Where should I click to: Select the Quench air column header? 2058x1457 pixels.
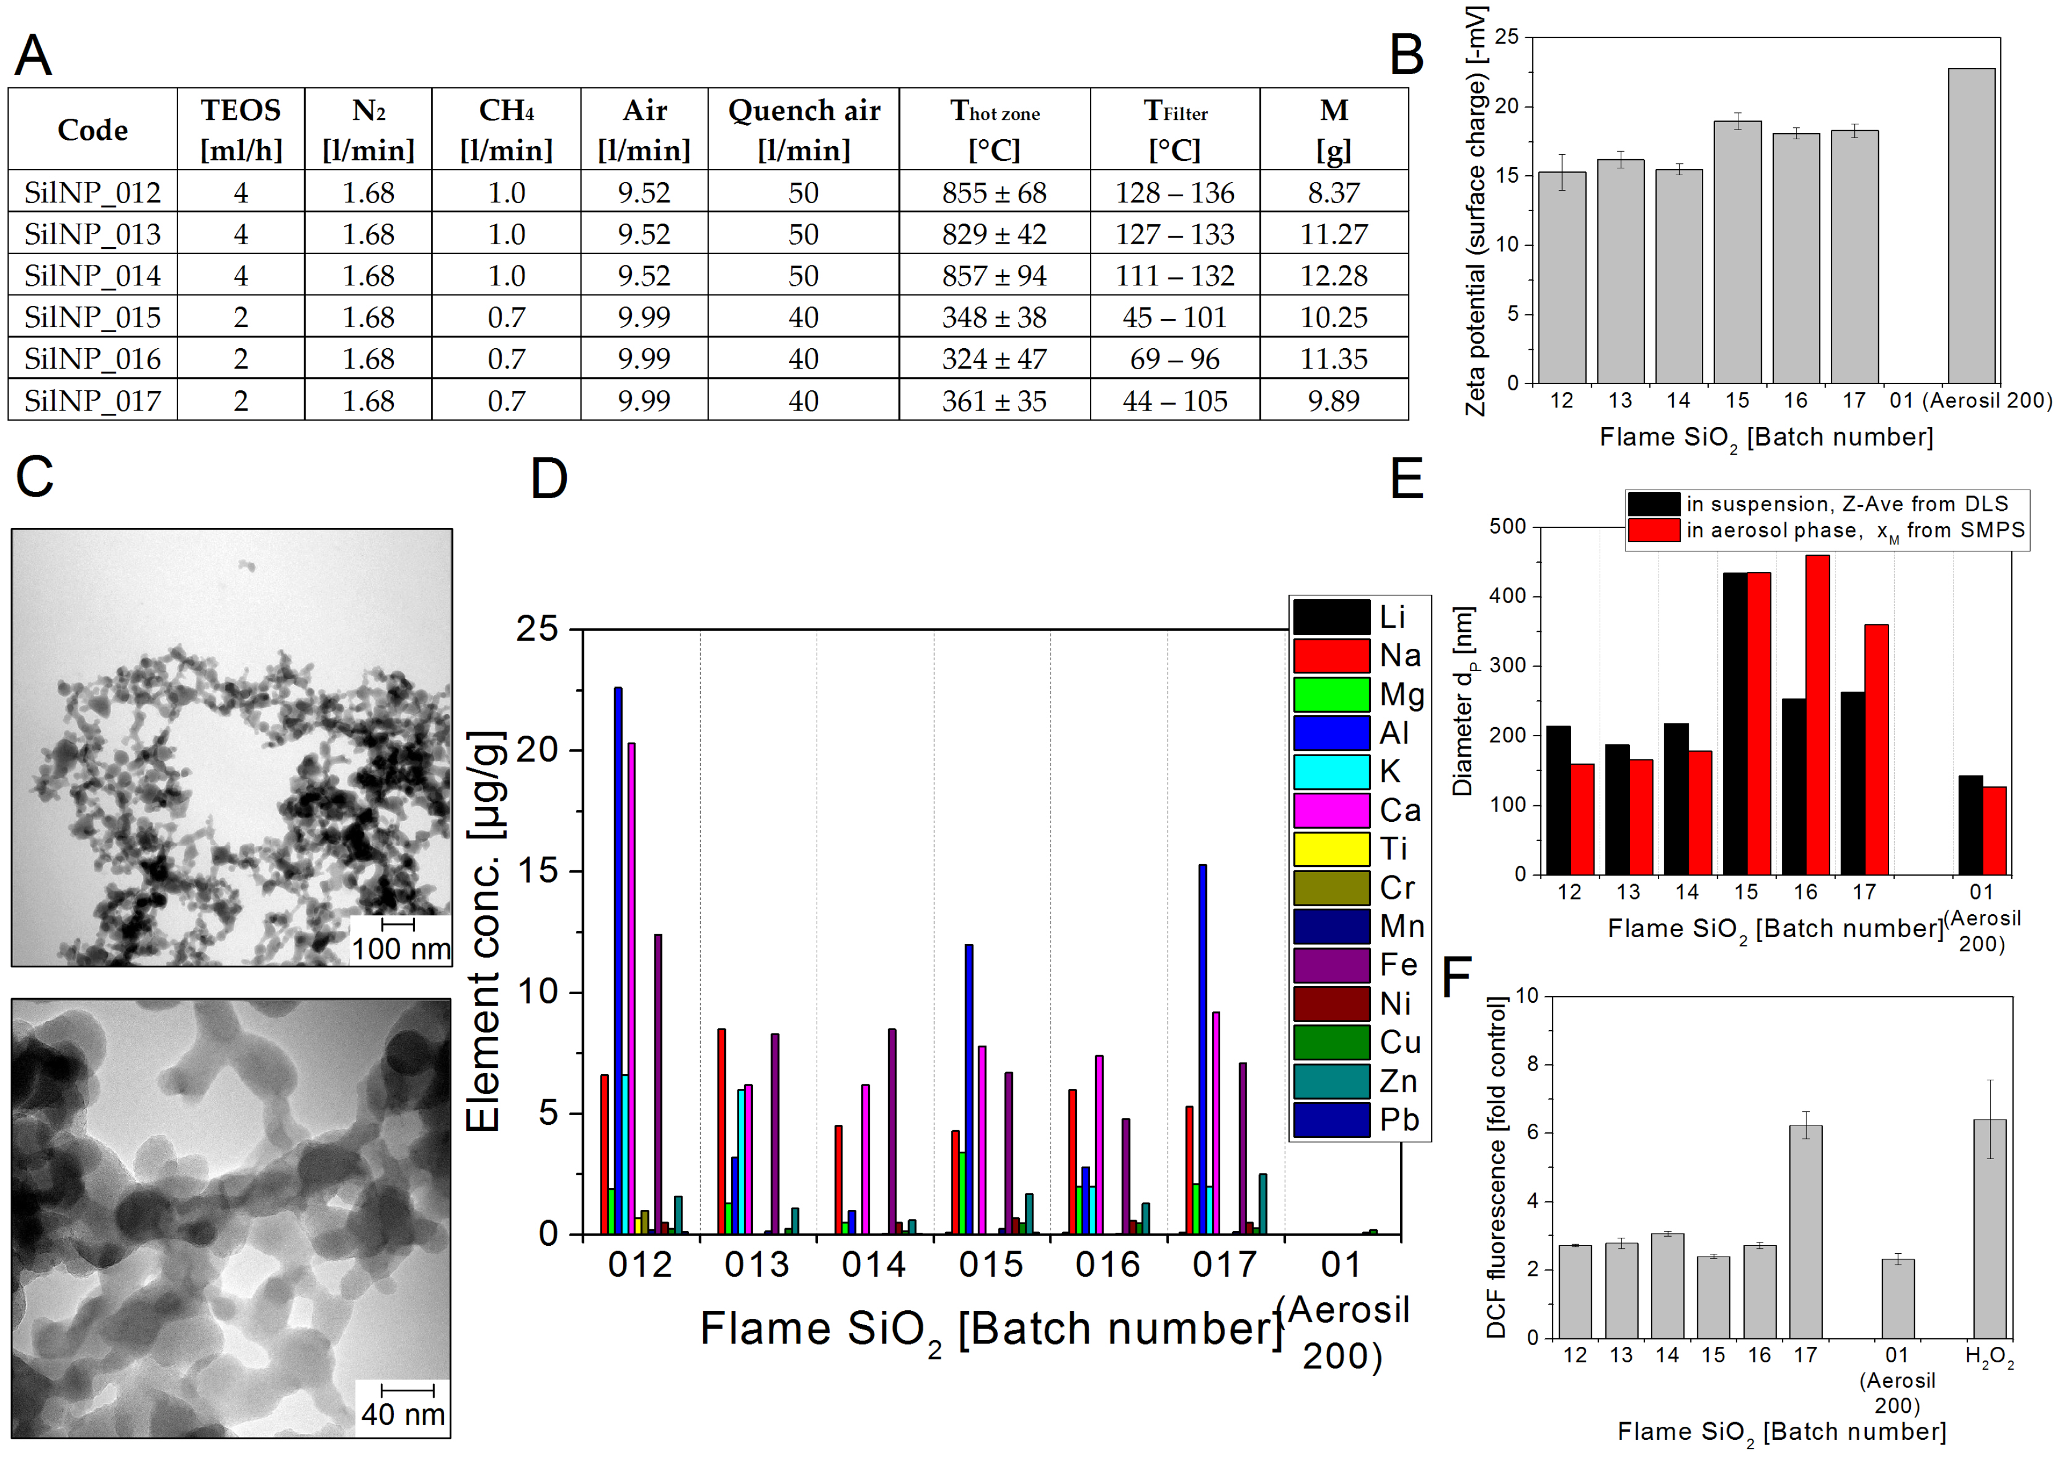tap(803, 129)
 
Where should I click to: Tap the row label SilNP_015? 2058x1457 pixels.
tap(92, 317)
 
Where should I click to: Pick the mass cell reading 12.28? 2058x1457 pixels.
tap(1333, 276)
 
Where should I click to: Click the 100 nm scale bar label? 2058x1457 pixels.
tap(400, 949)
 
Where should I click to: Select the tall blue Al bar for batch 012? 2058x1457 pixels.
tap(617, 960)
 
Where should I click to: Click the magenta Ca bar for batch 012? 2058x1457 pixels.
tap(632, 987)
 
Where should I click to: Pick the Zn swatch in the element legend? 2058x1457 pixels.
tap(1331, 1081)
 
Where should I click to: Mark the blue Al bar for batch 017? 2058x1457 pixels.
tap(1202, 1050)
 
